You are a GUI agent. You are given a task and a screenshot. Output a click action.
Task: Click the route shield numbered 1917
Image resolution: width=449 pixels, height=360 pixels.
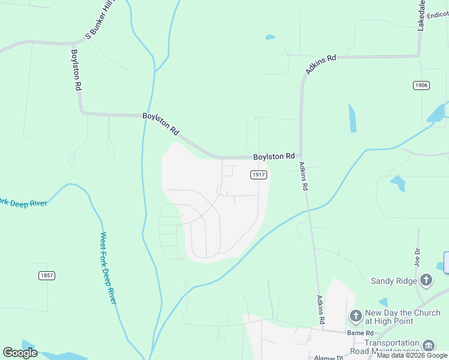click(x=258, y=175)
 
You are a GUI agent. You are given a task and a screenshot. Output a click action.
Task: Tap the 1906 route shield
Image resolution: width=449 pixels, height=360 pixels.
click(x=421, y=85)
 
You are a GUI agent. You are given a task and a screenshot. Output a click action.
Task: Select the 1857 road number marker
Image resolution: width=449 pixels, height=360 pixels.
click(x=46, y=275)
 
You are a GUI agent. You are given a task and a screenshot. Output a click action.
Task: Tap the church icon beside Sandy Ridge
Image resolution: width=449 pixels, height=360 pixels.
click(x=426, y=280)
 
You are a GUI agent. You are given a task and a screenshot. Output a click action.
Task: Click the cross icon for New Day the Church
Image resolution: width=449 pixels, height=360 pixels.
click(x=355, y=316)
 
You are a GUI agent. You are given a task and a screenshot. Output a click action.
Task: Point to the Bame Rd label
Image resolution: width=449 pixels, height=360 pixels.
click(x=360, y=333)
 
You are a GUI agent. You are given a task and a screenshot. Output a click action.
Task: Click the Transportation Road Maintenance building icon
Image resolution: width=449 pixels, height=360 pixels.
click(x=429, y=345)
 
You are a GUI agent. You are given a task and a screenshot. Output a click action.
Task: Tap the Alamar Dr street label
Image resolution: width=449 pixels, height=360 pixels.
click(x=328, y=358)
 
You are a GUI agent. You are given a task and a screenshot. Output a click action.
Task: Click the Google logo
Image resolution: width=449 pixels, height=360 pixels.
click(x=20, y=353)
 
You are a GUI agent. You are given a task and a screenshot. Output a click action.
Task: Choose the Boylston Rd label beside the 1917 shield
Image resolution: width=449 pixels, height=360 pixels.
click(x=274, y=156)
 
